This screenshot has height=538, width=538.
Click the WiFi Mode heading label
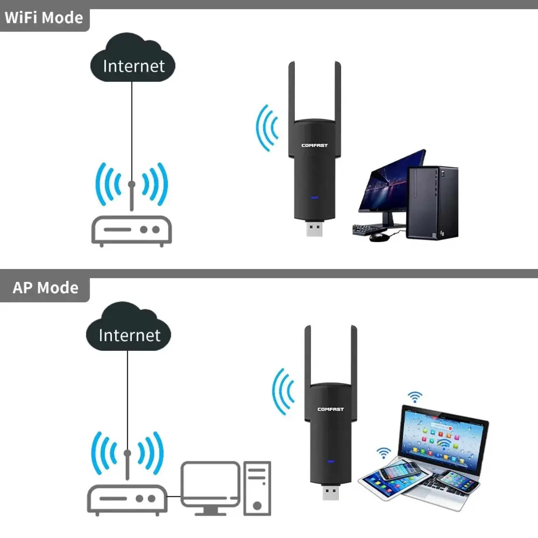(x=44, y=18)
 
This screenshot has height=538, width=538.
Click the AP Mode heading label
(x=45, y=288)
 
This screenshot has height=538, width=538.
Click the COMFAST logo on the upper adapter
(x=314, y=145)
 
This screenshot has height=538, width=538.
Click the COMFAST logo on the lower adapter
(x=331, y=409)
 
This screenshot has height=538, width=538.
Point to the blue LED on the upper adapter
(x=314, y=198)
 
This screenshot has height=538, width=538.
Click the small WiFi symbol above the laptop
(x=415, y=397)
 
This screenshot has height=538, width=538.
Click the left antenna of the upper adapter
(x=292, y=92)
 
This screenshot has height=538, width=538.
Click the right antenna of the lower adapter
(x=354, y=356)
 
